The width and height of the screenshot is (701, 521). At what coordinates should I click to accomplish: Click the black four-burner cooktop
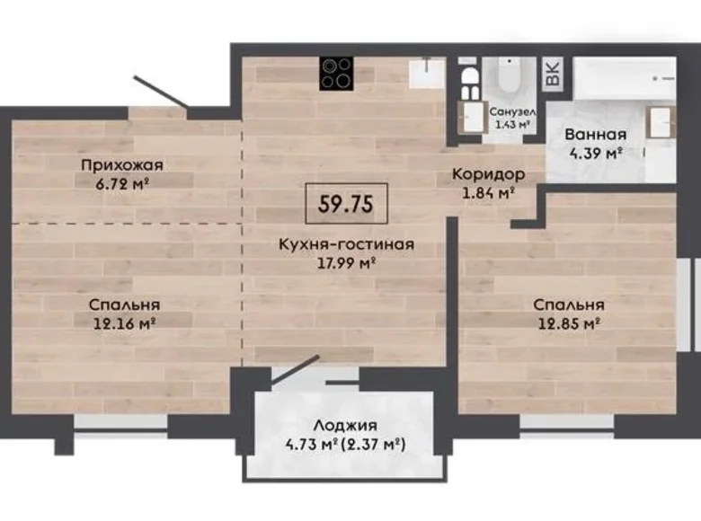pyautogui.click(x=337, y=74)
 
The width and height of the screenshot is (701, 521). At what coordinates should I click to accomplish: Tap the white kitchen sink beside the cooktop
pyautogui.click(x=427, y=74)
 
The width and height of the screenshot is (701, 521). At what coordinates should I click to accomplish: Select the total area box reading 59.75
pyautogui.click(x=347, y=203)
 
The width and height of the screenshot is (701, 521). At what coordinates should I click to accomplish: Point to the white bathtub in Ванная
pyautogui.click(x=624, y=77)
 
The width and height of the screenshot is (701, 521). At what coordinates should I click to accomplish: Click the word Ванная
pyautogui.click(x=594, y=135)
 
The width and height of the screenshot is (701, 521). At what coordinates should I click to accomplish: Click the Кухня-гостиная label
pyautogui.click(x=346, y=243)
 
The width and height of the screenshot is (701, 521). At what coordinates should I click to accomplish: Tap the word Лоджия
pyautogui.click(x=346, y=426)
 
